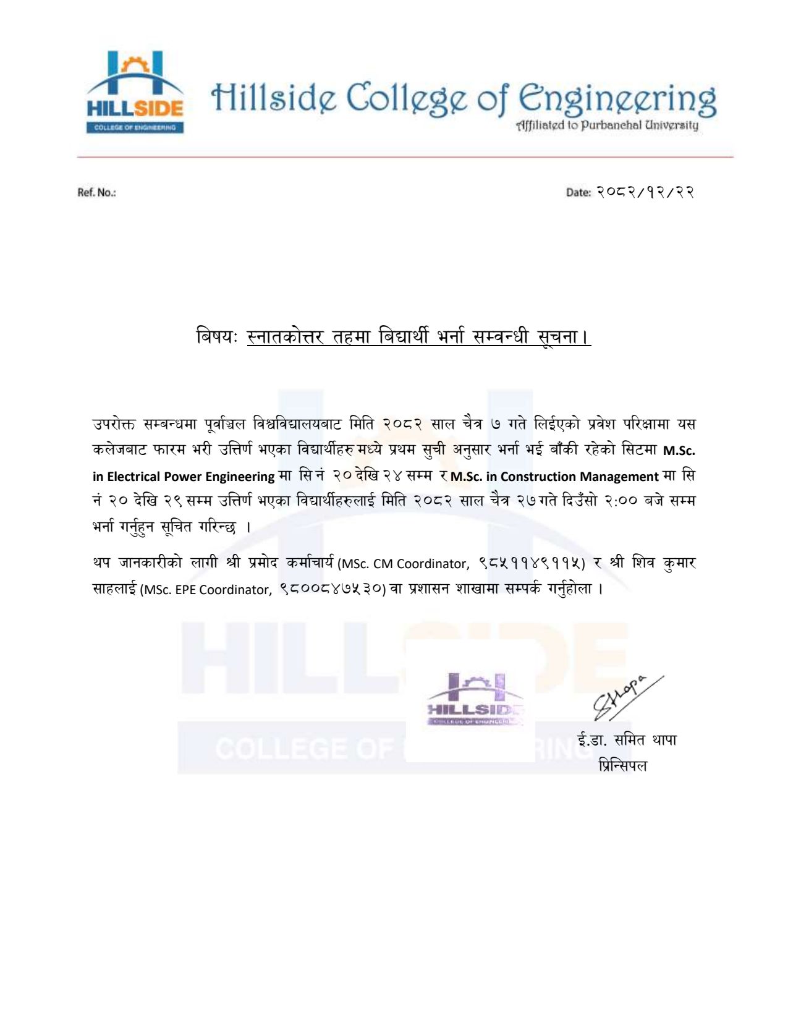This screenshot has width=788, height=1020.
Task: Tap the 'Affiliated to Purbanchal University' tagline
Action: [x=608, y=125]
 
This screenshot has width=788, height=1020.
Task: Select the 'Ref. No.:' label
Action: [x=96, y=192]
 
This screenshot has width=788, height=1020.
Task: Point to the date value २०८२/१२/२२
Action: [x=645, y=192]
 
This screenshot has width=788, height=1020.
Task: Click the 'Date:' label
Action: [x=578, y=192]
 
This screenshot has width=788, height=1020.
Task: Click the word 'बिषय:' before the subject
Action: [x=217, y=337]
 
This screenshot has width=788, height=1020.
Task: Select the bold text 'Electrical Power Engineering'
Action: [x=190, y=477]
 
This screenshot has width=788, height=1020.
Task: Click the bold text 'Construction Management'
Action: [x=579, y=477]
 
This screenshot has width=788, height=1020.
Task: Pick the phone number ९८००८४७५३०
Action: [x=333, y=589]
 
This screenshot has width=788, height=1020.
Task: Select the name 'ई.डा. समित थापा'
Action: [x=627, y=740]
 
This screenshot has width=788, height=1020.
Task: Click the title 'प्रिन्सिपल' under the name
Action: [x=623, y=766]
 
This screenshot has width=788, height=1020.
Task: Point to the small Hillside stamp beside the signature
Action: [x=475, y=699]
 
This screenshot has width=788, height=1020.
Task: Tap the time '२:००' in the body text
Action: [x=618, y=501]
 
